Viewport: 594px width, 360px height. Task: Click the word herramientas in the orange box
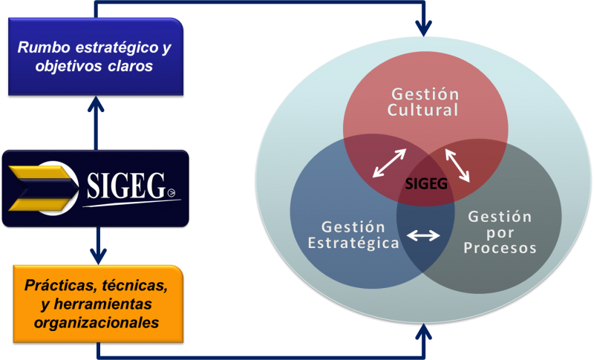[x=102, y=304]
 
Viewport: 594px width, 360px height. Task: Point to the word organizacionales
[x=97, y=323]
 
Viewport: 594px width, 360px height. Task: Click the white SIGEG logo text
[x=126, y=186]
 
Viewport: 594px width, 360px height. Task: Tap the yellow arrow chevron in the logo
[x=40, y=188]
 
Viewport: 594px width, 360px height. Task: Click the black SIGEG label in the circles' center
[x=426, y=184]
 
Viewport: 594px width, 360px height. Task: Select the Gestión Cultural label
[x=423, y=102]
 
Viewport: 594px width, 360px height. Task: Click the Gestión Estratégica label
[x=353, y=235]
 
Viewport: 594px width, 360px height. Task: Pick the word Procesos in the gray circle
[x=500, y=249]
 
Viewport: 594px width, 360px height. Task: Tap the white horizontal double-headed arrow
[x=423, y=236]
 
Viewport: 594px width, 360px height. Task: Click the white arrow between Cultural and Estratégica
[x=389, y=163]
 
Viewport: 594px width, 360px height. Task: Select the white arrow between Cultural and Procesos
[x=457, y=166]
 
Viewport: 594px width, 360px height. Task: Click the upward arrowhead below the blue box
[x=96, y=105]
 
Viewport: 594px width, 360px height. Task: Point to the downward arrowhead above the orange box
[x=98, y=256]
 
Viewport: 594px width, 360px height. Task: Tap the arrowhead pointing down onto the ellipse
[x=423, y=27]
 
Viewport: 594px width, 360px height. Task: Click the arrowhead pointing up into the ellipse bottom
[x=423, y=332]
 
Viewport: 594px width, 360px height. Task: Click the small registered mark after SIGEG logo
[x=172, y=193]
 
